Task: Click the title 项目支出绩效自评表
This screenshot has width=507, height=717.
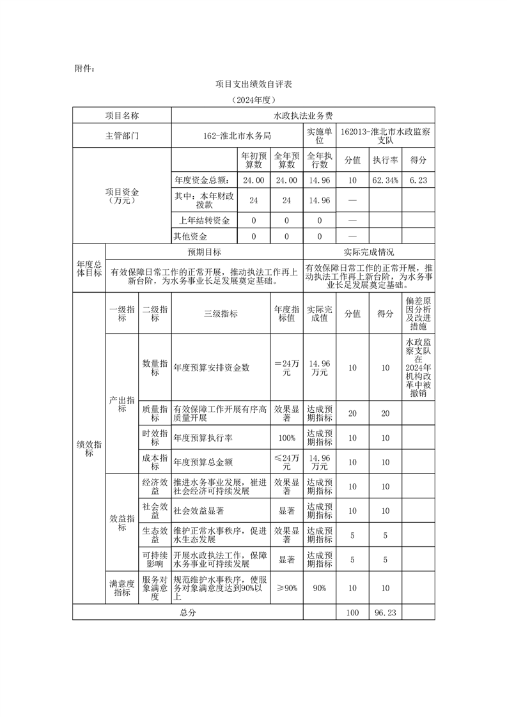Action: pyautogui.click(x=253, y=84)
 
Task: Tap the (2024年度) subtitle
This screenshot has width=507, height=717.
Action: pyautogui.click(x=253, y=100)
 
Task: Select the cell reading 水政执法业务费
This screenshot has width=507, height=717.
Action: pyautogui.click(x=303, y=116)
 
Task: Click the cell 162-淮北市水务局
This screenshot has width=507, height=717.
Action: pyautogui.click(x=237, y=135)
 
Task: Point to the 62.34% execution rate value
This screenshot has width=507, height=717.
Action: pyautogui.click(x=386, y=181)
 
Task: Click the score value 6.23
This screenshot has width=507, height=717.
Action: pyautogui.click(x=418, y=181)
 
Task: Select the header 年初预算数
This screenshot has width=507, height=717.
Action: pyautogui.click(x=253, y=160)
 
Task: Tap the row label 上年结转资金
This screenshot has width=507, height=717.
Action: pyautogui.click(x=202, y=220)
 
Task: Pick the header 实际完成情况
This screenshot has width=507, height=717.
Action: pyautogui.click(x=368, y=252)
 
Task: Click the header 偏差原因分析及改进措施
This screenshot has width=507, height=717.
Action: pyautogui.click(x=418, y=314)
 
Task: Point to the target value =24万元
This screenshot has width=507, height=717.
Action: pyautogui.click(x=286, y=367)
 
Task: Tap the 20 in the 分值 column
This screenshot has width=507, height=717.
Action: pyautogui.click(x=352, y=413)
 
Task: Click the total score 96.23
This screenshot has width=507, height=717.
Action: pyautogui.click(x=385, y=612)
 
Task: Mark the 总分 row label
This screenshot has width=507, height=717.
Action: pyautogui.click(x=187, y=612)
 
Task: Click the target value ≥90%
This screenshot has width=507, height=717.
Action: pyautogui.click(x=286, y=588)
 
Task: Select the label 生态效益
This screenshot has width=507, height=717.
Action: pyautogui.click(x=155, y=536)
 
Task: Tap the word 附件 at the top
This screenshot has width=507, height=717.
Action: pyautogui.click(x=84, y=68)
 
